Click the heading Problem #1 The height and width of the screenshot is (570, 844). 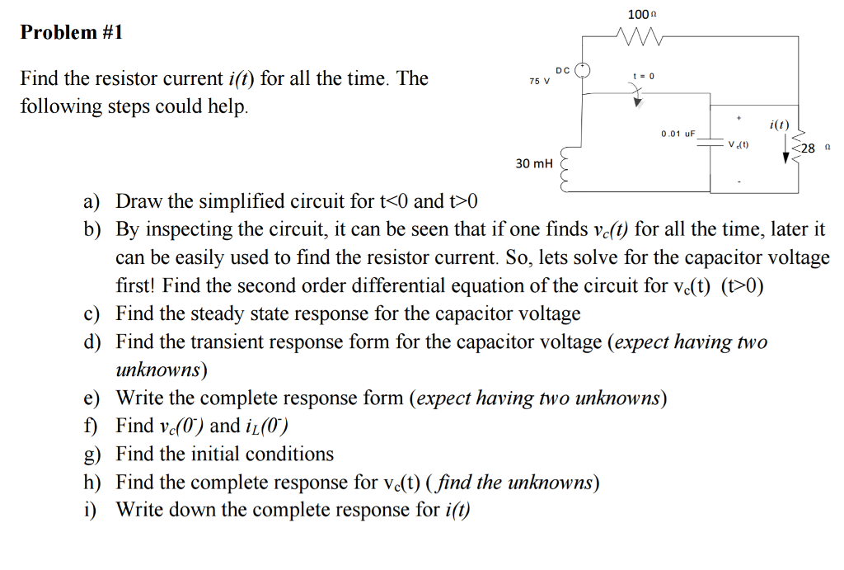pos(72,32)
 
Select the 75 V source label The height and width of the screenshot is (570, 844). pos(539,81)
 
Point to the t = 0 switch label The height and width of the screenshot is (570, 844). pos(643,76)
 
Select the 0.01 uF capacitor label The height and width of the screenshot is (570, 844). pos(678,133)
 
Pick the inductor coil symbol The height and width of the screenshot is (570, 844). pos(566,171)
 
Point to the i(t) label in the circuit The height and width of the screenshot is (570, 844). pos(778,125)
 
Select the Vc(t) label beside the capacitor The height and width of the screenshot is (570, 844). pos(738,145)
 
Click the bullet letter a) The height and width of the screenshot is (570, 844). pos(91,202)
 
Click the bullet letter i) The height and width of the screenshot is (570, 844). pos(90,510)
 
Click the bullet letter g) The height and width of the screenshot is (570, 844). pos(91,455)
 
